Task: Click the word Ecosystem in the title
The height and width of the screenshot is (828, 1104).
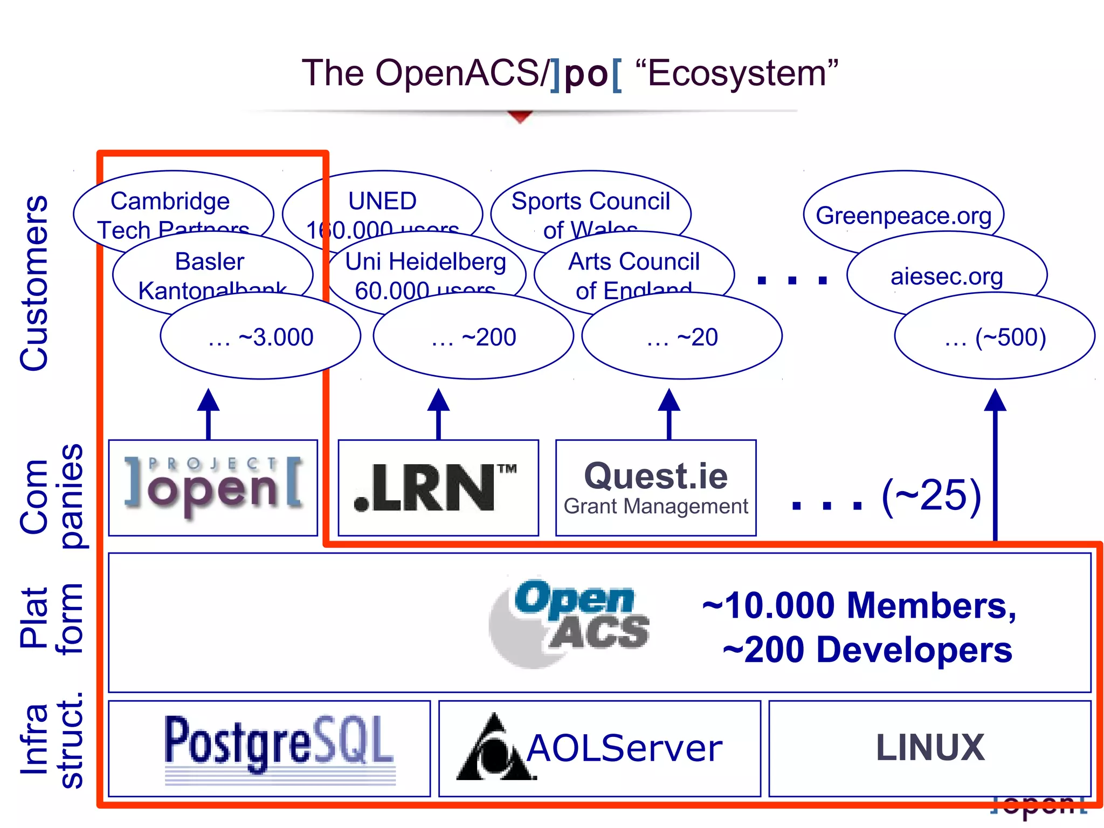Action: [736, 73]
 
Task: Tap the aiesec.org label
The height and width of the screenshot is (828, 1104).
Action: [947, 276]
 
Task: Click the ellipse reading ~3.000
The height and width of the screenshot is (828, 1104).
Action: [260, 337]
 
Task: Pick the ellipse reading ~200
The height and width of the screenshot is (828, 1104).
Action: [473, 337]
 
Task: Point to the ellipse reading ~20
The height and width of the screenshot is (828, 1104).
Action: [682, 337]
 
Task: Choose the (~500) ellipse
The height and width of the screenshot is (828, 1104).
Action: [995, 337]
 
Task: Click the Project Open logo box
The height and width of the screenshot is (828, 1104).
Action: [213, 487]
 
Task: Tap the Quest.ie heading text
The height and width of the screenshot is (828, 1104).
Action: [655, 476]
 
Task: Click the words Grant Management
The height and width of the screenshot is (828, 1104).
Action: [655, 507]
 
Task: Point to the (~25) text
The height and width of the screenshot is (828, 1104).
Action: [931, 495]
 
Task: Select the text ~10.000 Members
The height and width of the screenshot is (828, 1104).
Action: [859, 605]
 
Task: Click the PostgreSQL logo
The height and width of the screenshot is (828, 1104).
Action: [279, 747]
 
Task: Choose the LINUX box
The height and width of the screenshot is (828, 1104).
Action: [930, 748]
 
